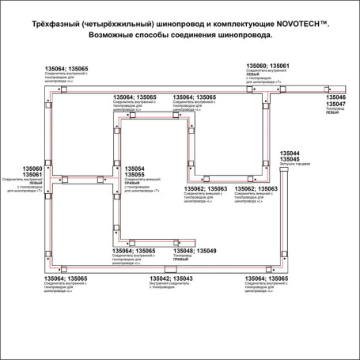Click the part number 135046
point(336,97)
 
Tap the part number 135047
point(336,104)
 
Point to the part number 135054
point(135,169)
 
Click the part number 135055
point(135,176)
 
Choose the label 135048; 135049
point(193,251)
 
